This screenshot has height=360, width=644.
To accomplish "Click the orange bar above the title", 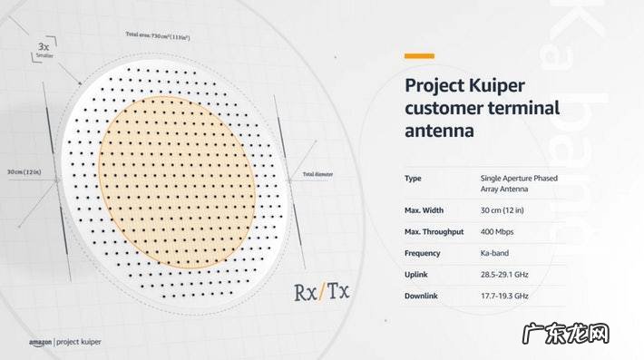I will click(418, 56).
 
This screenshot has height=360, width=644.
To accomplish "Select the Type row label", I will click(413, 179).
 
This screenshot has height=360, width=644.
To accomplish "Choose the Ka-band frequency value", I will click(496, 253).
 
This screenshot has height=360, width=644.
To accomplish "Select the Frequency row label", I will click(423, 253).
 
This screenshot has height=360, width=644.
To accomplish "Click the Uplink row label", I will click(416, 274).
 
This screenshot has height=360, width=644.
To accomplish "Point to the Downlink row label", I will click(423, 296).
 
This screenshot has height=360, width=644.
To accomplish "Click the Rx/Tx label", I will click(322, 293).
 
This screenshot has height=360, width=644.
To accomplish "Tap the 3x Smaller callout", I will click(44, 49).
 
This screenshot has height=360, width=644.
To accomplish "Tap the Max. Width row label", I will click(423, 211).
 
